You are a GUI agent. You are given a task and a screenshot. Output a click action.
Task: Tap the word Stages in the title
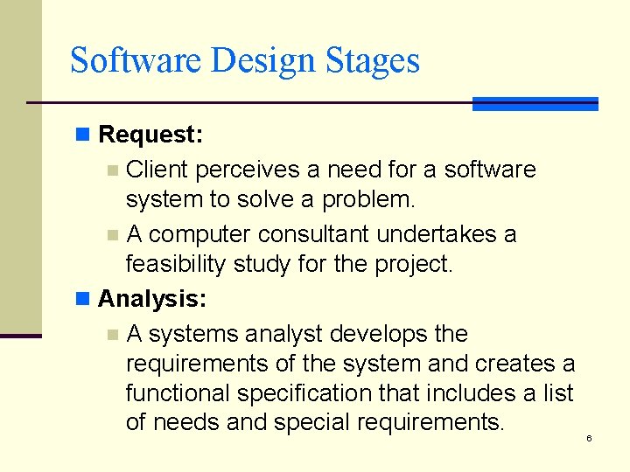pos(373,61)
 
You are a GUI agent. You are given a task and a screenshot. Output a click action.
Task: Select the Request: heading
pos(150,135)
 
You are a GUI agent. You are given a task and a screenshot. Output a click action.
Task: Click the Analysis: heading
pos(152,300)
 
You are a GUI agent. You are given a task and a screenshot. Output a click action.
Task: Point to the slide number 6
pos(589,438)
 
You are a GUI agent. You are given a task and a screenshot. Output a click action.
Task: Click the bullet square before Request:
pos(83,135)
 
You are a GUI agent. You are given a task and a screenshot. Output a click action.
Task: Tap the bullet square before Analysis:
pos(83,300)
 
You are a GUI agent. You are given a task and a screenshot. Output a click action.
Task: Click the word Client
pos(158,169)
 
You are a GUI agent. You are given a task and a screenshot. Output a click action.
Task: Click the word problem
pos(368,199)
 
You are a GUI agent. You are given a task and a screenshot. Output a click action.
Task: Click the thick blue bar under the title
pos(535,104)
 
